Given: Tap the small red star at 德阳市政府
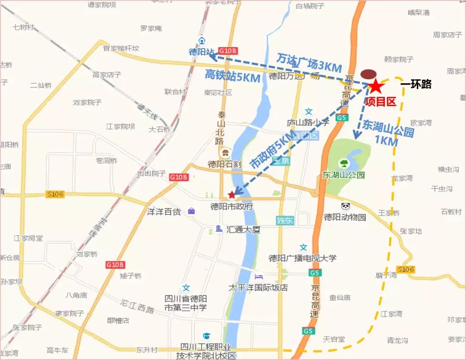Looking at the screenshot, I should [232, 194].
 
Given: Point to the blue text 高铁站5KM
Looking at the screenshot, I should [233, 76].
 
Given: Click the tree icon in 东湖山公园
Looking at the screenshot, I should [344, 163].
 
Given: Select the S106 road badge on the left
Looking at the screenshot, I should [55, 194].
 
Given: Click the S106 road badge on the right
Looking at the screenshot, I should [406, 269].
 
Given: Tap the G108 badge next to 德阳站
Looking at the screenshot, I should [227, 50].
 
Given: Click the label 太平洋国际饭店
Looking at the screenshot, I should [258, 287].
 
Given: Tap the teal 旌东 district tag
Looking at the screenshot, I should [285, 220].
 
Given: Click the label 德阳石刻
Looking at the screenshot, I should [224, 164].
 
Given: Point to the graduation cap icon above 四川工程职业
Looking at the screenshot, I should [208, 336].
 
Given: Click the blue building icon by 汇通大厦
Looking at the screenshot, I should [219, 229].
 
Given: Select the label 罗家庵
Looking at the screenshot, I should [151, 28].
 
